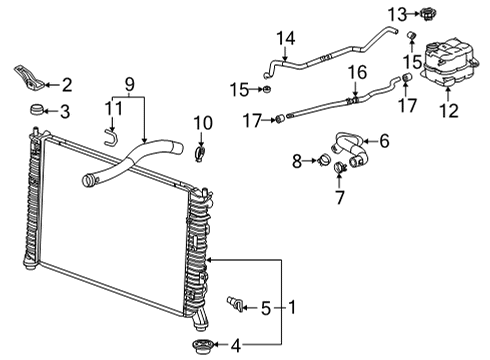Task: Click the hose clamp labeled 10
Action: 202,154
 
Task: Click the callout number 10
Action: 203,123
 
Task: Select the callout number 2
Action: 66,84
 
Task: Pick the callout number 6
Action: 384,141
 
